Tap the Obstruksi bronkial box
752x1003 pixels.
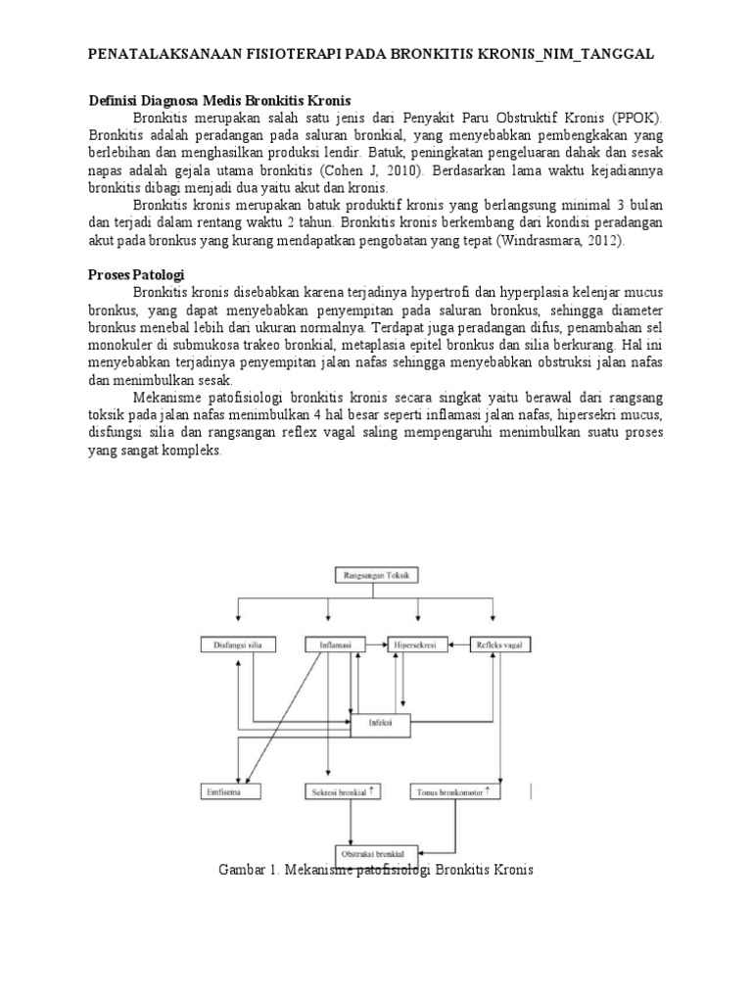(x=376, y=854)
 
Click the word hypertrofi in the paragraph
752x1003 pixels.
(x=439, y=292)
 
